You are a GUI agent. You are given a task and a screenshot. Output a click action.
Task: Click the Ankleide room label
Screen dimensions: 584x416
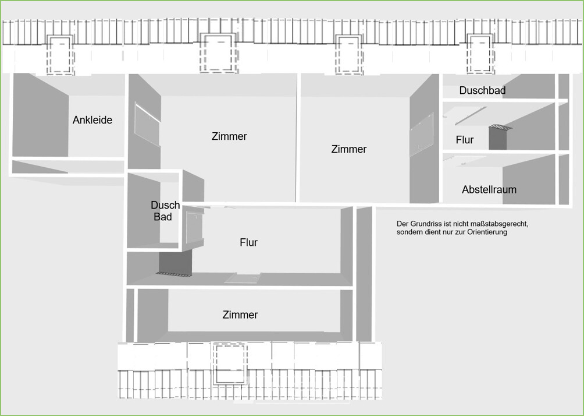[x=92, y=120]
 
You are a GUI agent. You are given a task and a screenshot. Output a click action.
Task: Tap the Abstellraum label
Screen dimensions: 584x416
[x=489, y=189]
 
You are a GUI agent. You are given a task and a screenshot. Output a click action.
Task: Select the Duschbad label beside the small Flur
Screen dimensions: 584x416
[x=482, y=90]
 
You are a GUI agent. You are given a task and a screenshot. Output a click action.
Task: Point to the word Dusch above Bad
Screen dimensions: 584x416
[x=165, y=205]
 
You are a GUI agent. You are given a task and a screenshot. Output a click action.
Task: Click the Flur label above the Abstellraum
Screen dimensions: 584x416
[x=464, y=140]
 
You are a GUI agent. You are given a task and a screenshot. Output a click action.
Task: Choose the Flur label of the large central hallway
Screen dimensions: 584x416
[x=249, y=242]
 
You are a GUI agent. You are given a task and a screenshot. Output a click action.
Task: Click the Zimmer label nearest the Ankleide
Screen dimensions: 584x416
[x=229, y=136]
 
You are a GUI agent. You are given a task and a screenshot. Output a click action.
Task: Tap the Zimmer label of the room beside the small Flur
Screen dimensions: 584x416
[x=349, y=149]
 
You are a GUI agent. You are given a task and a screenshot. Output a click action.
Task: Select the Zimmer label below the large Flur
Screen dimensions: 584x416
[x=240, y=315]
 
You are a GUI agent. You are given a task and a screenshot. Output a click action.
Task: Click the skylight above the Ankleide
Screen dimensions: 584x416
[x=60, y=55]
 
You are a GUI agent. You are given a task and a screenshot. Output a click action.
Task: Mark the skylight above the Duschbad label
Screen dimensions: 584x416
[x=480, y=54]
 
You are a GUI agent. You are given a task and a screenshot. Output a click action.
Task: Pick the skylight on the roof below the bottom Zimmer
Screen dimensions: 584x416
[x=230, y=364]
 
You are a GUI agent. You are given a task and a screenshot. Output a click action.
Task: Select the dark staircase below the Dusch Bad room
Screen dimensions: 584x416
[x=175, y=263]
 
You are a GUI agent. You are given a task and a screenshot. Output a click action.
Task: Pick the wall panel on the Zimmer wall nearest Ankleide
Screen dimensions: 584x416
[x=148, y=124]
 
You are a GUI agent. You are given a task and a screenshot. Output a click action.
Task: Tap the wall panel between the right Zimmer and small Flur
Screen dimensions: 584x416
[x=422, y=135]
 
